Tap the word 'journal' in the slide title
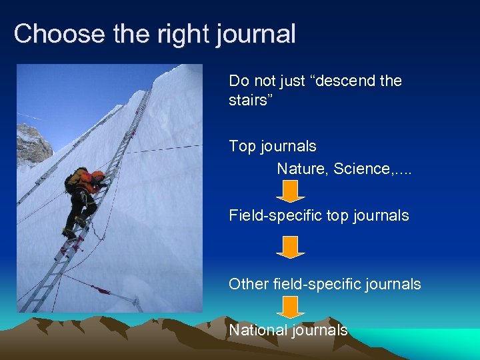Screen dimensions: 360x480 256,34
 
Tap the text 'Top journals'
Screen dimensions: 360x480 272,146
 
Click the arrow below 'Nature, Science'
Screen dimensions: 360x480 290,191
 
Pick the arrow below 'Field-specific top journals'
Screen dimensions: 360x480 290,247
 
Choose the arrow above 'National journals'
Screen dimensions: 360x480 290,307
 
